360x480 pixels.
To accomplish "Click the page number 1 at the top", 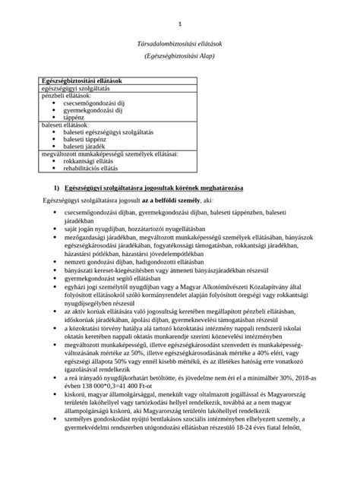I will click(180, 23).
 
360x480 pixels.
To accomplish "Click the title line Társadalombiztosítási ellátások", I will click(180, 45).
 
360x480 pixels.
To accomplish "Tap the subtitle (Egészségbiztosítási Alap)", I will click(180, 56).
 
